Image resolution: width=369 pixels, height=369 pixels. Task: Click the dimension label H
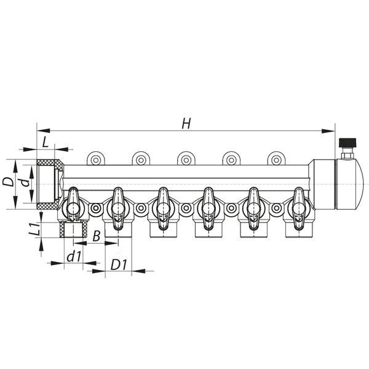pos(186,124)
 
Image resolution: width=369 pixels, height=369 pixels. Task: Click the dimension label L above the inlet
pos(45,142)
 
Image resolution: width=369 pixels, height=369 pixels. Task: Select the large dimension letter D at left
pos(8,181)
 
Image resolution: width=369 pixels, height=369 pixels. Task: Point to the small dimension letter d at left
pos(26,183)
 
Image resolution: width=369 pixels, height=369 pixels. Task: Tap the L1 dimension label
pos(34,229)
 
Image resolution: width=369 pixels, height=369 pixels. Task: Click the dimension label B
pos(97,236)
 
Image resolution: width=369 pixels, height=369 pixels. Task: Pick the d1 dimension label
pos(74,256)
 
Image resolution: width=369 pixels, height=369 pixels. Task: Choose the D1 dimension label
pos(119,264)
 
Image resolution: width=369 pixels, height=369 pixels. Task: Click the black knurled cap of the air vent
pos(347,143)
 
